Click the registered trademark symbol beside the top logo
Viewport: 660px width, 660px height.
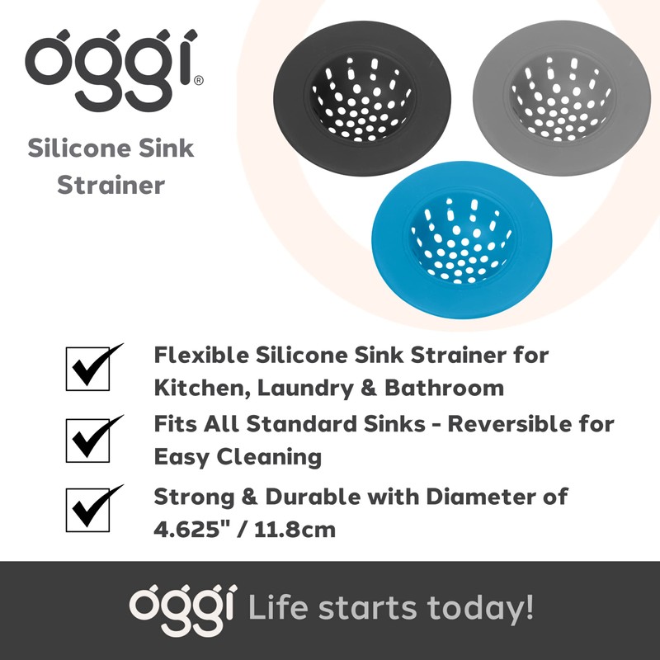pos(198,82)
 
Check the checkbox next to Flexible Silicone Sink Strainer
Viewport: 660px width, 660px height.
pos(88,369)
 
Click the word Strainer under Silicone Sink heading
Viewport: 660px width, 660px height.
pos(111,184)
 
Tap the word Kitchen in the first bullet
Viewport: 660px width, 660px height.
pos(196,387)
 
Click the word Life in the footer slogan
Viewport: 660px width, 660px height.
pos(280,609)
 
